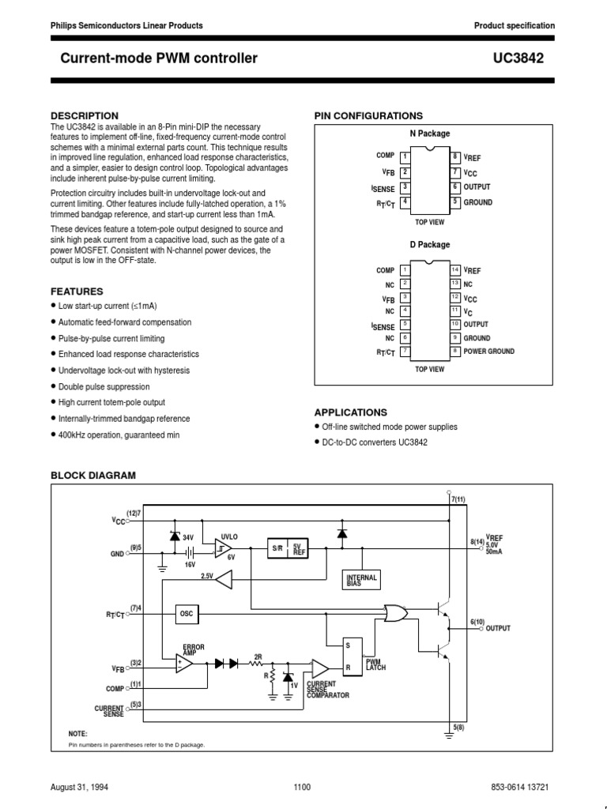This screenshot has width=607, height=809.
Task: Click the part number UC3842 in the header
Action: point(532,58)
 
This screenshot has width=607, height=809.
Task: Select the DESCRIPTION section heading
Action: point(85,115)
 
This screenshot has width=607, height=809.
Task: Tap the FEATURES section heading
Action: point(77,291)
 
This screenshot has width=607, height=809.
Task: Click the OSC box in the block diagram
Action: point(187,613)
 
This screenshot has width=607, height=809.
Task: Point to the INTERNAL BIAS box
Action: point(362,581)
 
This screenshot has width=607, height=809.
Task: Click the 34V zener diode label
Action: point(188,537)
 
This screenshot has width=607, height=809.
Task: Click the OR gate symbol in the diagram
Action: point(392,612)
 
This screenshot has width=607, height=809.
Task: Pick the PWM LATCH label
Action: point(375,666)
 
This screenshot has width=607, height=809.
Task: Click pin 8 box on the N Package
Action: point(455,157)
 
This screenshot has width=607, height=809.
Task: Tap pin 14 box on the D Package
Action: point(455,270)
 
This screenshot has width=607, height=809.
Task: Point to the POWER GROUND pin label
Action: point(488,352)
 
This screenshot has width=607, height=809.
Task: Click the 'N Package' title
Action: point(429,134)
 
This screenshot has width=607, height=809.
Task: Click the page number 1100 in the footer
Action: point(302,787)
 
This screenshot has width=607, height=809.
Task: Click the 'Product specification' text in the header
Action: point(514,25)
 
